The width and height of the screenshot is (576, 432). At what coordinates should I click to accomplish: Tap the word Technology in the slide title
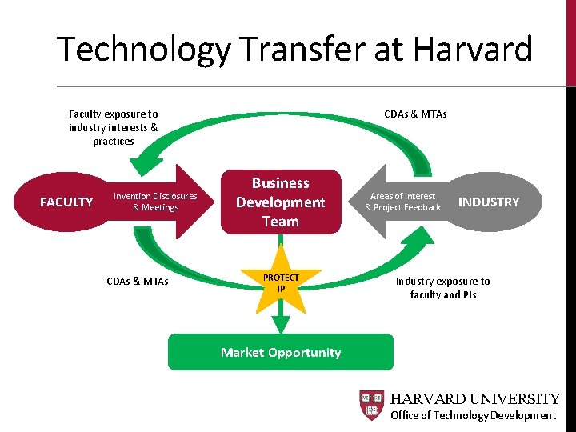click(143, 50)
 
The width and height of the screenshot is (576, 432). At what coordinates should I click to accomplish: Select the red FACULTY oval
click(67, 202)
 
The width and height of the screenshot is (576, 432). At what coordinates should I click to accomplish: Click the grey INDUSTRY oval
click(488, 202)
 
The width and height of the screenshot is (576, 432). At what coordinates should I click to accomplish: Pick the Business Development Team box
click(281, 202)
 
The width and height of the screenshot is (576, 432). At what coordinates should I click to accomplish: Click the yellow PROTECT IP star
click(281, 282)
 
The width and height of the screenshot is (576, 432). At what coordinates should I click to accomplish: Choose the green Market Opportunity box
click(281, 352)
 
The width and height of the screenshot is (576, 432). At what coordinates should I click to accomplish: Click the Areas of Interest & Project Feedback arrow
click(400, 202)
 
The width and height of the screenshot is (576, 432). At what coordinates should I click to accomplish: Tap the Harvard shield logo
click(372, 406)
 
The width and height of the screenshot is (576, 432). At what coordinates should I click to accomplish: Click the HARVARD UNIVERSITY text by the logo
click(474, 398)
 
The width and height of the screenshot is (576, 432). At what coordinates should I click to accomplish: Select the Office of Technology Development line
click(473, 415)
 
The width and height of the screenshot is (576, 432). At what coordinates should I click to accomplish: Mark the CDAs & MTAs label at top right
click(415, 114)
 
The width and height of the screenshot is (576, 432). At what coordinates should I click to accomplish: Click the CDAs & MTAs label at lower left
click(137, 281)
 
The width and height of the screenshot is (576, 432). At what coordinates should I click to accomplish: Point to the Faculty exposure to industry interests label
click(114, 127)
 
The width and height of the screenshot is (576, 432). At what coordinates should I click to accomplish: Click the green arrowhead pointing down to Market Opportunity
click(281, 324)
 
